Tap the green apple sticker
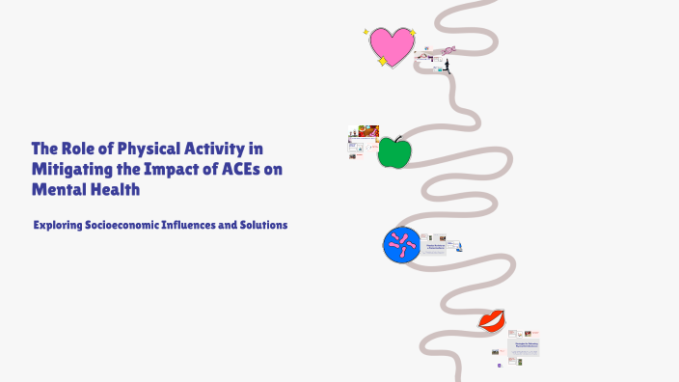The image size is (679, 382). [x=393, y=152]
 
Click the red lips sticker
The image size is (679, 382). [x=491, y=320]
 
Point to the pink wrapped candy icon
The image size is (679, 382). [x=448, y=50]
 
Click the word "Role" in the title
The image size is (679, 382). [x=78, y=149]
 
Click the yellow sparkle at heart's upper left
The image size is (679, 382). [x=367, y=32]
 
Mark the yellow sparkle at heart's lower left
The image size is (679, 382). [x=382, y=61]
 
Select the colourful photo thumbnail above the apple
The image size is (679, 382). [x=367, y=130]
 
